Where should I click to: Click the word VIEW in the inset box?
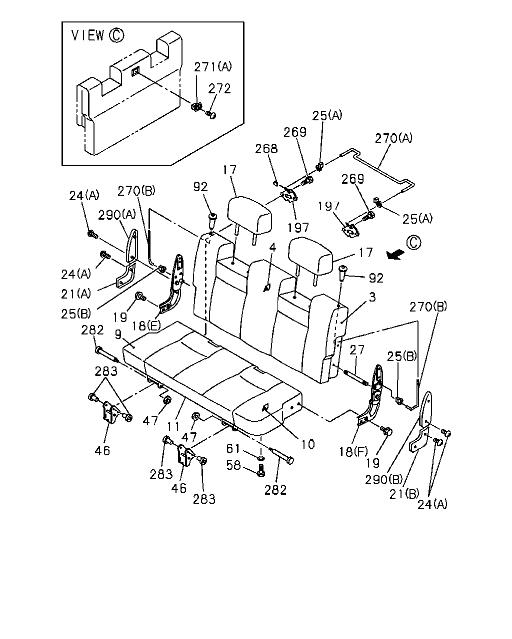[x=88, y=35]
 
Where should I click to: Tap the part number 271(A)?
[x=212, y=67]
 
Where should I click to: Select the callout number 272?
[x=219, y=88]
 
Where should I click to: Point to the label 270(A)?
[x=393, y=138]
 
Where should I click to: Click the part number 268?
[x=266, y=149]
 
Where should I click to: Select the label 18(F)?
[x=353, y=452]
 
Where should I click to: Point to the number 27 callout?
[x=356, y=350]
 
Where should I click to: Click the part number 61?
[x=233, y=448]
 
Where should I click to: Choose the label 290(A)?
[x=117, y=214]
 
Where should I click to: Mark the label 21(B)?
[x=404, y=494]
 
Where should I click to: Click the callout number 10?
[x=307, y=444]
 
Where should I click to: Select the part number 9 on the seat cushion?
[x=118, y=334]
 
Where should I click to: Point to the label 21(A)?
[x=76, y=294]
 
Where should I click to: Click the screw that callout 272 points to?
[x=211, y=114]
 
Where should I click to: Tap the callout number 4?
[x=273, y=247]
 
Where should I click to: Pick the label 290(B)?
[x=384, y=480]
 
